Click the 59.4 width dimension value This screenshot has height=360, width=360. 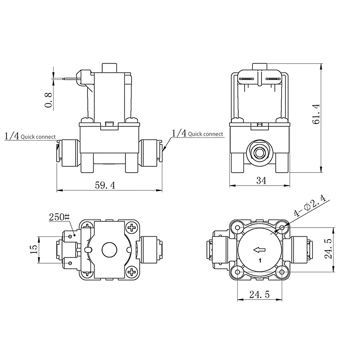105,185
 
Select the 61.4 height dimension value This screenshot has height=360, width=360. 316,114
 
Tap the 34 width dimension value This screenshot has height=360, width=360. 261,181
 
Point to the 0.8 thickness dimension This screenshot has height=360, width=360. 48,100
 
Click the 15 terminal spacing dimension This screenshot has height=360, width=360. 33,249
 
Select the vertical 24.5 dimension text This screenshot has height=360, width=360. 328,249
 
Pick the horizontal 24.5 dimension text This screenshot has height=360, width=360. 259,295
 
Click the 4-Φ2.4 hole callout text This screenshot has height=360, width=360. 310,206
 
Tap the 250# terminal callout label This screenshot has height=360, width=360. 59,217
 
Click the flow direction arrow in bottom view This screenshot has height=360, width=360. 259,250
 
